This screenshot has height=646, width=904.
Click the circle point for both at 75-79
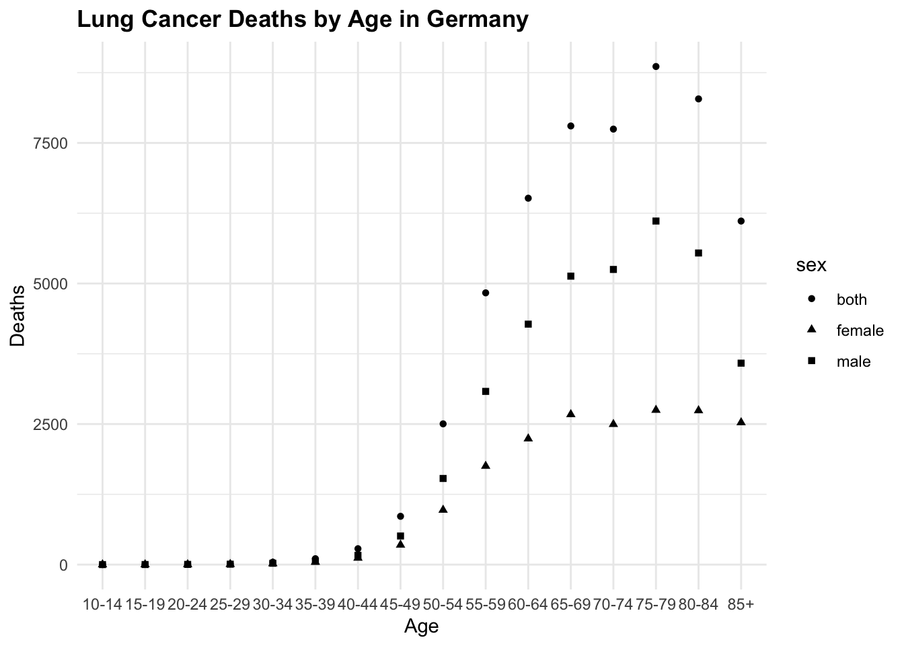tap(656, 67)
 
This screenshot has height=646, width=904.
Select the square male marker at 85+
tap(741, 363)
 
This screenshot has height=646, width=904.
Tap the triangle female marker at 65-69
tap(571, 414)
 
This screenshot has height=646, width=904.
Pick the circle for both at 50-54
tap(443, 424)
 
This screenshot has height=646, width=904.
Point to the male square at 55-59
tap(486, 392)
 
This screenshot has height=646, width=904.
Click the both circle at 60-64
tap(528, 199)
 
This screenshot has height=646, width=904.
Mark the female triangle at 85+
tap(741, 422)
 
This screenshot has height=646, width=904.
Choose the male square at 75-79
tap(656, 221)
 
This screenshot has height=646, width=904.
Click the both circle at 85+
tap(741, 221)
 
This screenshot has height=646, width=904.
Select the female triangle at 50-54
tap(443, 509)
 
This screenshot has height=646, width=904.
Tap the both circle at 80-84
tap(698, 99)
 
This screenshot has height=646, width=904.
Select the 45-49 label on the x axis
tap(400, 604)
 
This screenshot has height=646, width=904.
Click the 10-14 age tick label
tap(102, 604)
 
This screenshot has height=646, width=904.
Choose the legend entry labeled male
tap(853, 362)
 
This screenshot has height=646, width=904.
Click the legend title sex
tap(811, 266)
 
